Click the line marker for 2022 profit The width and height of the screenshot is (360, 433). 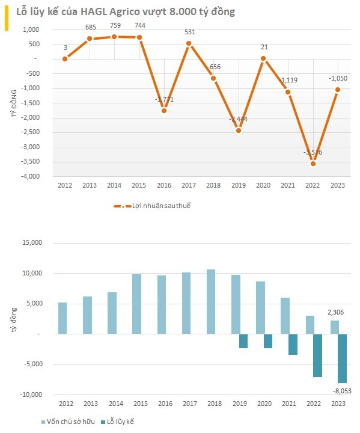(x=313, y=164)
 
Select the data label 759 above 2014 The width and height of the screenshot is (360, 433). (x=114, y=25)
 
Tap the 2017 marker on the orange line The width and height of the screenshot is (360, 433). (x=189, y=43)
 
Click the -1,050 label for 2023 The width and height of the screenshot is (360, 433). (x=338, y=78)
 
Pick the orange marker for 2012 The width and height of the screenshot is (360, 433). (x=65, y=58)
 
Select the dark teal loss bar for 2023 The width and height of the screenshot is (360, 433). (x=342, y=358)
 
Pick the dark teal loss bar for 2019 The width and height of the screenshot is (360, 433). (x=243, y=341)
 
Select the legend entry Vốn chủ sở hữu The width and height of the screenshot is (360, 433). (x=67, y=422)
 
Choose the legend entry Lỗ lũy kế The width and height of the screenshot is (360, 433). (x=118, y=422)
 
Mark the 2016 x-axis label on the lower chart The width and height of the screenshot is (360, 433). (x=165, y=405)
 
